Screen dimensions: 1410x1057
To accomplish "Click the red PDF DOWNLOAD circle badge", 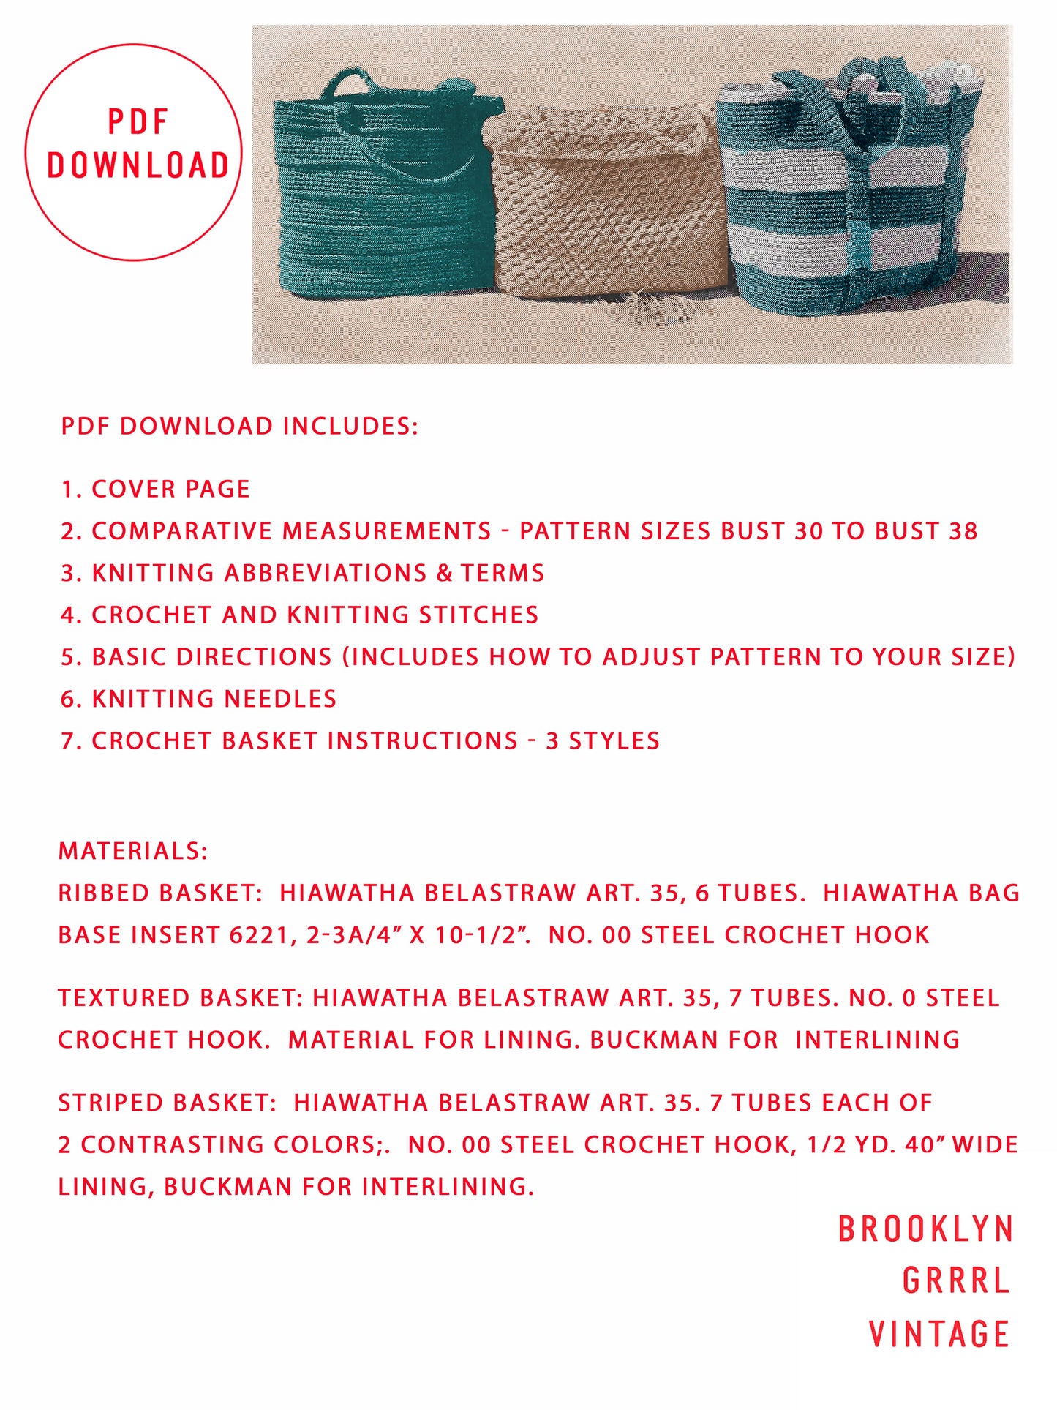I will click(x=133, y=151).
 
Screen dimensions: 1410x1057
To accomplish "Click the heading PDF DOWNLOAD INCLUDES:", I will click(x=239, y=426).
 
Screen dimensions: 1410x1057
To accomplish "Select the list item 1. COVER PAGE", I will click(x=155, y=489).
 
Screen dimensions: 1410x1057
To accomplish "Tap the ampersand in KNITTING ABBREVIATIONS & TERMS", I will click(x=444, y=573).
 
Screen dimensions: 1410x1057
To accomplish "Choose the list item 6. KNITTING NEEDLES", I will click(x=198, y=699).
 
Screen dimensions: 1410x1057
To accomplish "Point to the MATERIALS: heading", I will click(x=133, y=851).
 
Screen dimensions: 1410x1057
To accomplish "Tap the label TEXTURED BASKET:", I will click(x=180, y=998).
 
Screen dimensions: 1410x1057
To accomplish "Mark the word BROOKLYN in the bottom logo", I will click(x=925, y=1229).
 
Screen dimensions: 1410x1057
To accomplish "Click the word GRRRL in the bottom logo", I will click(x=956, y=1280).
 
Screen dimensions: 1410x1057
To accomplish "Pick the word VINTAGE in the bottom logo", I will click(x=939, y=1333).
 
